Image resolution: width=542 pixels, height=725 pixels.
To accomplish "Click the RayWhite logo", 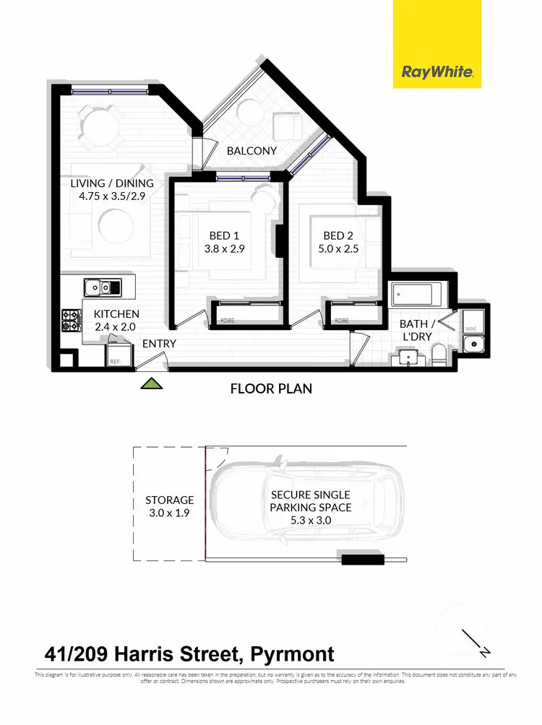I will point(436,72).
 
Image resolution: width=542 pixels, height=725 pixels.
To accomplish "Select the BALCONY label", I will point(251,151).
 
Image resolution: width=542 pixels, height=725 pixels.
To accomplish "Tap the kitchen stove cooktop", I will point(72,320).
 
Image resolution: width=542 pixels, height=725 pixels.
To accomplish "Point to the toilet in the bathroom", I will point(439,353).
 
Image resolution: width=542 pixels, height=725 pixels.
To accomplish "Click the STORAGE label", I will point(169,500).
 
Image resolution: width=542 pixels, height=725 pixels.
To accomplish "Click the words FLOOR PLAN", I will point(271,388).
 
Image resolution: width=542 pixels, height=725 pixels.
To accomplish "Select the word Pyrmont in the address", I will point(292,655).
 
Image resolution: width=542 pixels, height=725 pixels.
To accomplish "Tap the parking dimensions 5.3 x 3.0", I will point(311,520).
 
